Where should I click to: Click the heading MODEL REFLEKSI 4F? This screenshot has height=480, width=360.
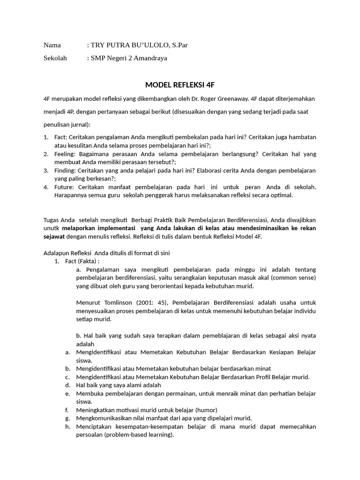(180, 85)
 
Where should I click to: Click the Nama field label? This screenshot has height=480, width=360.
(52, 45)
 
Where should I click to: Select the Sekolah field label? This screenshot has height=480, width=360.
(55, 58)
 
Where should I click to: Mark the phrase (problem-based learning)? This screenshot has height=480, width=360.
(139, 435)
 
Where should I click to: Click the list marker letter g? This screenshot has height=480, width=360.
(67, 418)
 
